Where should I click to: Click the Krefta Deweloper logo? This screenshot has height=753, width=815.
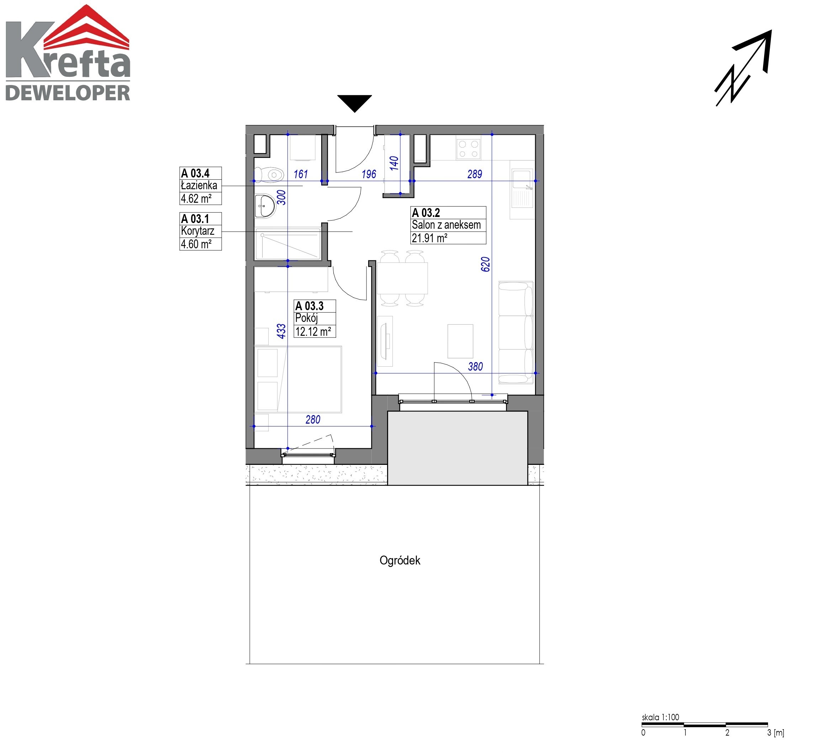click(68, 53)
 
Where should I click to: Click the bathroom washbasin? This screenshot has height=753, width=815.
click(265, 206)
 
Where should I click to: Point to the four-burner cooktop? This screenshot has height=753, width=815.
click(468, 149)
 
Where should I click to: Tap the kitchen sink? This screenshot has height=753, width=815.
click(522, 189)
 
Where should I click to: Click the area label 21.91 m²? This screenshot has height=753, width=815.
click(429, 238)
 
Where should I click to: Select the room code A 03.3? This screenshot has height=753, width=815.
click(309, 306)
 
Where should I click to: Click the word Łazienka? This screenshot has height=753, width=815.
click(199, 185)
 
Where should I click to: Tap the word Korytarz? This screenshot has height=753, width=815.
click(198, 231)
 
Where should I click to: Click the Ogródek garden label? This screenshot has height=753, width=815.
click(400, 561)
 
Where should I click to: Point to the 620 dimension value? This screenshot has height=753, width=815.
click(485, 264)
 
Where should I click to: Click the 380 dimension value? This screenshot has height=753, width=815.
click(475, 367)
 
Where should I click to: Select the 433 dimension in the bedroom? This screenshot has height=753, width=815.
click(281, 331)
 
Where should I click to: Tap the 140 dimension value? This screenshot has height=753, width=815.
click(394, 163)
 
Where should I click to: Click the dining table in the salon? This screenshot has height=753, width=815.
click(402, 278)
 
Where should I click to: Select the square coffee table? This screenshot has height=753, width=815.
click(460, 341)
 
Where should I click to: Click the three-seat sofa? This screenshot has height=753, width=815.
click(516, 333)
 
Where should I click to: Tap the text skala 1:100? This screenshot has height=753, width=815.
click(660, 717)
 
